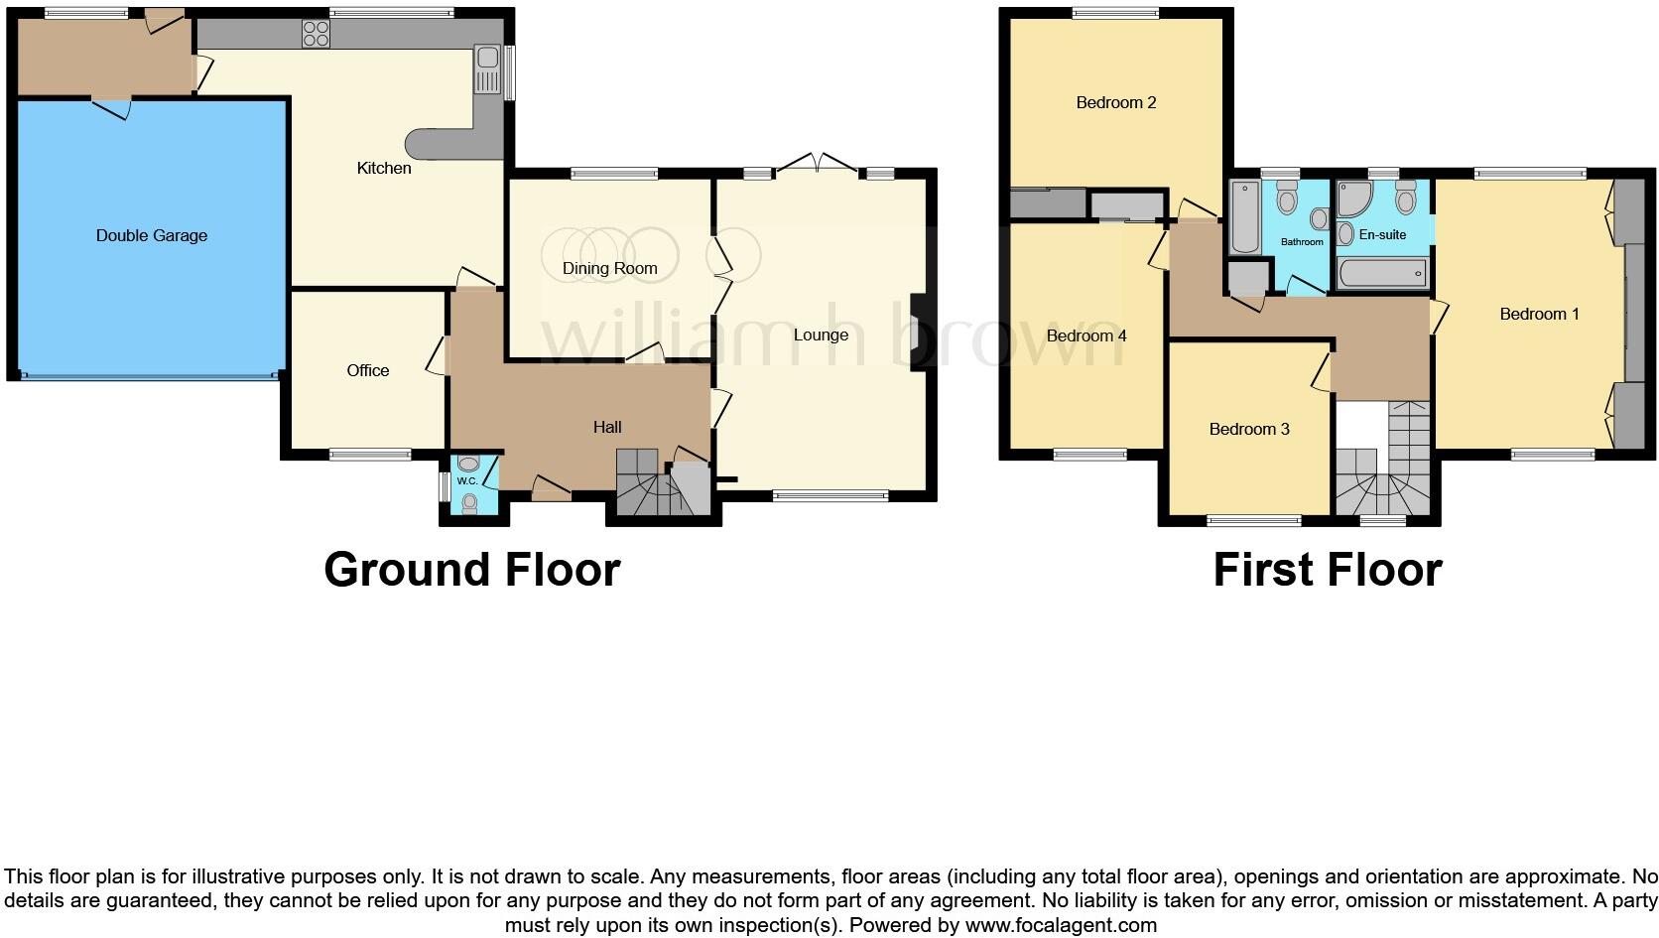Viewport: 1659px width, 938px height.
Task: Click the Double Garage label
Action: [152, 235]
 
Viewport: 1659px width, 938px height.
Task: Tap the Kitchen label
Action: [384, 168]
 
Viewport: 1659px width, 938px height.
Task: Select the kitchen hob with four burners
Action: [316, 34]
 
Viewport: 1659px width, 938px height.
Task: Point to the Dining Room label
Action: [609, 268]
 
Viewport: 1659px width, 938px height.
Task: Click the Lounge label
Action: [821, 335]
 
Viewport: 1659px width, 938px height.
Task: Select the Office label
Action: [367, 370]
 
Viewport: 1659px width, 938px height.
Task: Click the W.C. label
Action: [467, 481]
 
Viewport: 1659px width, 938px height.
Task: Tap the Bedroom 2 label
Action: [1116, 102]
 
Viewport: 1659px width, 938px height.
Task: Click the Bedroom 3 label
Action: [1249, 429]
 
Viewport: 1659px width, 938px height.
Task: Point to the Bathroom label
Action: [1302, 241]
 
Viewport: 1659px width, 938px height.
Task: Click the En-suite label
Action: [1382, 235]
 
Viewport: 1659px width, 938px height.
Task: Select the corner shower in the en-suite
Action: [1351, 200]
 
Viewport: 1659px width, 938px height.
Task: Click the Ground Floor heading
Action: [472, 570]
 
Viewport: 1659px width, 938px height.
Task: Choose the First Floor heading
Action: [1327, 570]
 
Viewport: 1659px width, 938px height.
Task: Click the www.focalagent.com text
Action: [1060, 925]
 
